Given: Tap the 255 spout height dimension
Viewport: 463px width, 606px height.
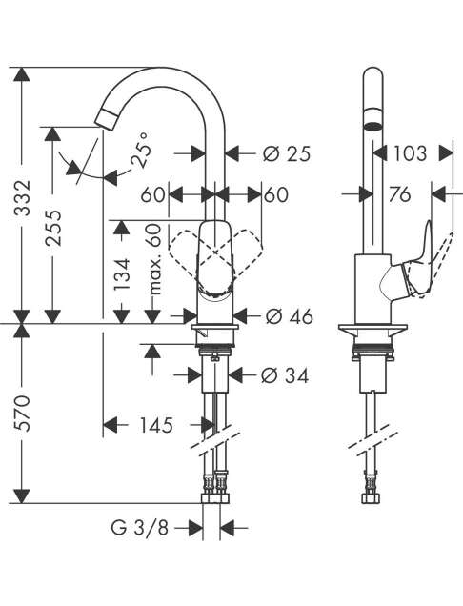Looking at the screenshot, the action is click(x=53, y=228).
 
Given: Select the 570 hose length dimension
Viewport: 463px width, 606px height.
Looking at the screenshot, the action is click(x=22, y=414).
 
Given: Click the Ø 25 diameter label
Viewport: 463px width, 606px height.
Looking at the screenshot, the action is click(x=287, y=153).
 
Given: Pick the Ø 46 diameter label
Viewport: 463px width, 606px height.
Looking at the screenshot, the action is click(x=289, y=317).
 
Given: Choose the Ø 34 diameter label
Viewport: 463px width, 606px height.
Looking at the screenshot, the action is click(x=285, y=374).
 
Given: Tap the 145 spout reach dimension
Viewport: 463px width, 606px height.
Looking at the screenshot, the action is click(x=156, y=426).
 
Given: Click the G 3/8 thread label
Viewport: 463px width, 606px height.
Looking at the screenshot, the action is click(x=139, y=527).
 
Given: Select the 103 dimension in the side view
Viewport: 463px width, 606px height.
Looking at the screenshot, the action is click(x=410, y=153).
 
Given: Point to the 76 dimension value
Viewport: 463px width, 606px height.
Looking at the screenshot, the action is click(x=399, y=194).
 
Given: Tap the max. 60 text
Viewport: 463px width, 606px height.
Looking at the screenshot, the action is click(x=153, y=259).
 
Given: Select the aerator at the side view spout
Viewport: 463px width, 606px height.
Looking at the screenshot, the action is click(x=373, y=121).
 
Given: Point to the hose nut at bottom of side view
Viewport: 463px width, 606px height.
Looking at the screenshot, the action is click(x=372, y=498).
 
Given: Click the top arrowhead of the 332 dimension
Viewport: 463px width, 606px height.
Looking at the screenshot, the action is click(x=22, y=74).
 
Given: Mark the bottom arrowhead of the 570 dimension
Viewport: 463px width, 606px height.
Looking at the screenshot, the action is click(x=22, y=496).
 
